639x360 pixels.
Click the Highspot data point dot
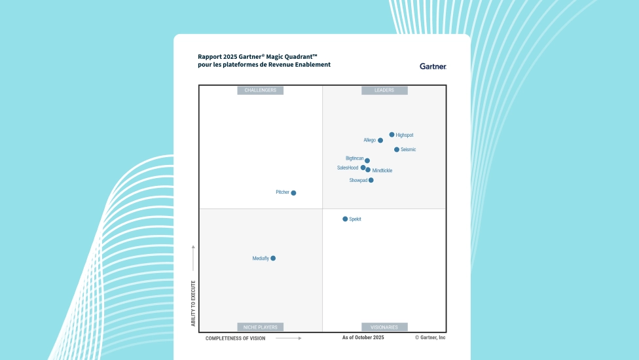(x=392, y=135)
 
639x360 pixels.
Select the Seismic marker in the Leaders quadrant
(x=397, y=150)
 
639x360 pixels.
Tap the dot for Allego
(x=380, y=140)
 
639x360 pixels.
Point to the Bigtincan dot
(x=367, y=160)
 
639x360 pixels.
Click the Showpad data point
(x=371, y=180)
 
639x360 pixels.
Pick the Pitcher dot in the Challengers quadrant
(x=293, y=193)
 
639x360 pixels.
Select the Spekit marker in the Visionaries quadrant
(x=345, y=219)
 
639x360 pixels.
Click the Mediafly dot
(x=273, y=259)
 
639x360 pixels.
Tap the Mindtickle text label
(x=382, y=171)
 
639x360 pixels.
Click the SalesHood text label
(x=348, y=168)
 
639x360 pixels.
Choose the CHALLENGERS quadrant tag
(x=261, y=90)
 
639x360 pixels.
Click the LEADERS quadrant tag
(x=384, y=90)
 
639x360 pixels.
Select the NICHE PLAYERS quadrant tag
(x=261, y=327)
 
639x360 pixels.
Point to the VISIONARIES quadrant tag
(x=384, y=327)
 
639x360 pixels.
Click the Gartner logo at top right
(x=433, y=66)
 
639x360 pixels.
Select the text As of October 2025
(x=363, y=338)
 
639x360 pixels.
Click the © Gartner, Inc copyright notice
(x=430, y=338)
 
